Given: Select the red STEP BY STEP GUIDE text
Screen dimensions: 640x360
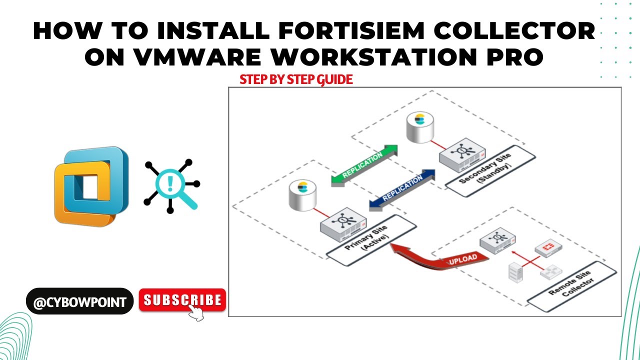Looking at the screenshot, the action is point(296,79).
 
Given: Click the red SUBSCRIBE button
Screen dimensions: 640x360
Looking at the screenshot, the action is point(182,300).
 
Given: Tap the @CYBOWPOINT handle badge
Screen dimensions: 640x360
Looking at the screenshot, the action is point(79,301).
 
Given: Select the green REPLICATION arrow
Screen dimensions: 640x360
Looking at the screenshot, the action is point(364,165).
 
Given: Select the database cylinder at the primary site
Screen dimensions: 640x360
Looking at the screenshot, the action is point(302,195).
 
